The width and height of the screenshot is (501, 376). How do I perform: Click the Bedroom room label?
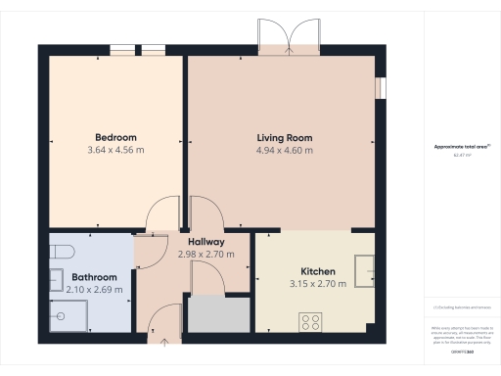[x=115, y=136]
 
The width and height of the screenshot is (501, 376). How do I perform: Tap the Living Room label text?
[x=285, y=137]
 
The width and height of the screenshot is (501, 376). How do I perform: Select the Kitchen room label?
[x=318, y=271]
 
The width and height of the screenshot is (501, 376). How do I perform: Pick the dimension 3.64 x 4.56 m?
[x=115, y=151]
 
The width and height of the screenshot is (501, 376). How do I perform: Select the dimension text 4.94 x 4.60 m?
[x=285, y=151]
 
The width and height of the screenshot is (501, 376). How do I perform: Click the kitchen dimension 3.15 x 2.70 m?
[x=318, y=284]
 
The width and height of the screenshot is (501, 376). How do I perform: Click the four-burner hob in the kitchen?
[x=311, y=320]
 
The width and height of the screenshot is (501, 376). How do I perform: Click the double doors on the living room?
[x=289, y=37]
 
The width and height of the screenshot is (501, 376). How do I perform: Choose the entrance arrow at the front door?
[x=163, y=340]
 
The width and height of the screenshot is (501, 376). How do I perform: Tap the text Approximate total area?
[x=454, y=147]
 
